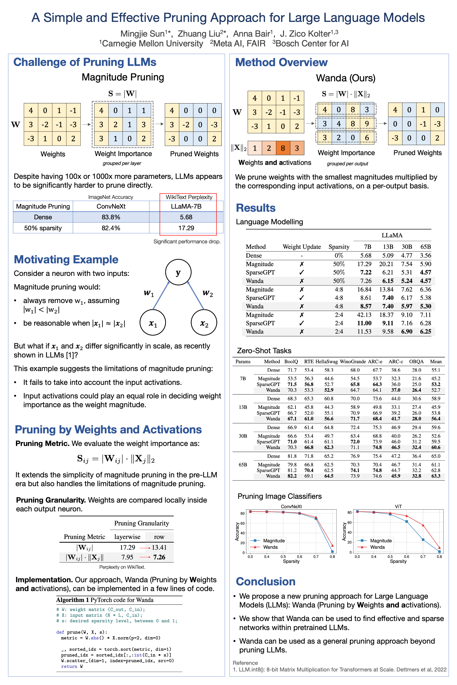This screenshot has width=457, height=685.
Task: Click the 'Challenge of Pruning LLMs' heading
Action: click(x=85, y=62)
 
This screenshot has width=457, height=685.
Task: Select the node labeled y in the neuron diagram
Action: click(x=178, y=272)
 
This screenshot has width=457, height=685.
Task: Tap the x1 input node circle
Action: click(x=153, y=323)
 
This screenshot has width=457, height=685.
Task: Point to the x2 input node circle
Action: click(x=204, y=323)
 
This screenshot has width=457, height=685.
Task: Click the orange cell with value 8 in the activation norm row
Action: click(x=283, y=148)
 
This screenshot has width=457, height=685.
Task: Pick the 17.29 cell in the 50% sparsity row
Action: click(x=186, y=228)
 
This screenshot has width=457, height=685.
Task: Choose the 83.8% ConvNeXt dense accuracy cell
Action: click(x=111, y=217)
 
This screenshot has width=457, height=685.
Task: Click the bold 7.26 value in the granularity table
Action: click(x=159, y=557)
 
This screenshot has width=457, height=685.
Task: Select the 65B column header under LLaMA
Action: click(x=425, y=247)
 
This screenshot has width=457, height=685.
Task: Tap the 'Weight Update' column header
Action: click(x=302, y=247)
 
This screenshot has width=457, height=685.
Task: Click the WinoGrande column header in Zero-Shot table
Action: click(x=353, y=362)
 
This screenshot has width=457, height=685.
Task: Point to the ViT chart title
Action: click(x=398, y=506)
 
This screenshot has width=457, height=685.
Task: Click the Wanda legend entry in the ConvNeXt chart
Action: click(x=270, y=547)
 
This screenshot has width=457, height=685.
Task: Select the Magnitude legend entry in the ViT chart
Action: click(x=381, y=541)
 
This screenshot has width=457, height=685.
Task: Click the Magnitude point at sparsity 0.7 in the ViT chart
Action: click(x=423, y=540)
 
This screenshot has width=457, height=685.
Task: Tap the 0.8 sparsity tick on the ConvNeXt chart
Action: click(x=332, y=557)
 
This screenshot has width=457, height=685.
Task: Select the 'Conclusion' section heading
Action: click(x=266, y=582)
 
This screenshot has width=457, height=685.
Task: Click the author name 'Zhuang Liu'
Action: click(x=199, y=34)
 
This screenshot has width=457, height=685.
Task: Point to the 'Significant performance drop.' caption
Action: click(x=187, y=241)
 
